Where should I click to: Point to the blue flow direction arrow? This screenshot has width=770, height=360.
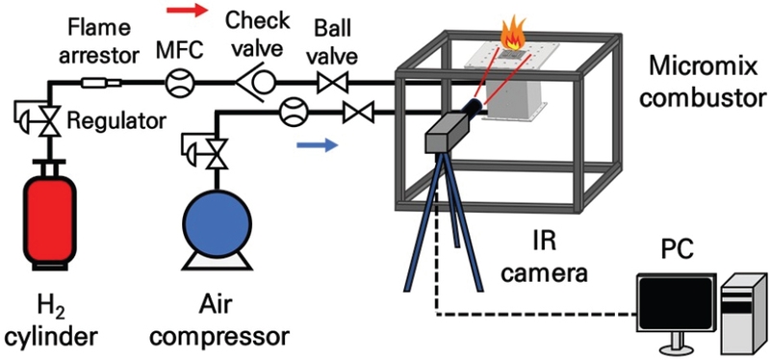point(317,146)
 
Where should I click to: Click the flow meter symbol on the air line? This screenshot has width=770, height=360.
point(292,114)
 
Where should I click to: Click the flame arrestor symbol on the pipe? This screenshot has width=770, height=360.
point(97,84)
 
